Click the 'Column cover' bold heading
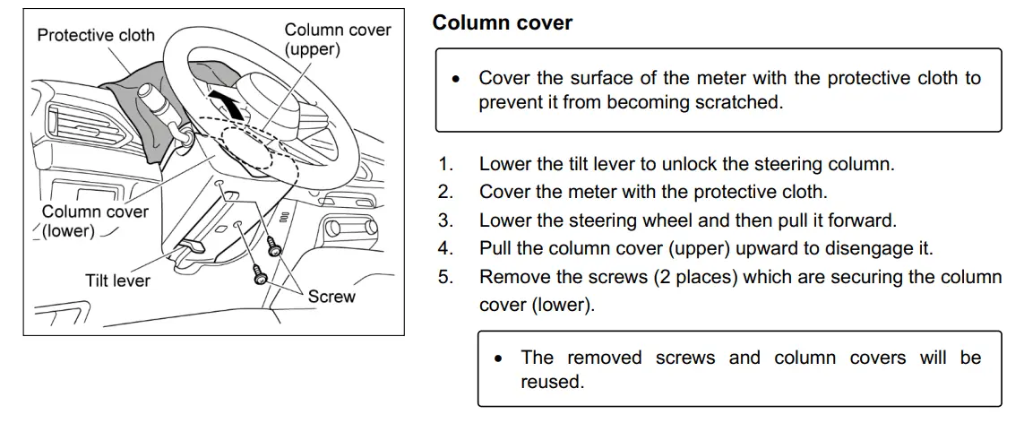pyautogui.click(x=502, y=23)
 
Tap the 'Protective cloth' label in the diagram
pyautogui.click(x=96, y=36)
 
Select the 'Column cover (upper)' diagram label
pyautogui.click(x=337, y=39)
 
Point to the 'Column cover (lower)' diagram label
pyautogui.click(x=94, y=220)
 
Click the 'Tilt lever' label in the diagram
pyautogui.click(x=117, y=281)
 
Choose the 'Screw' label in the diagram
pyautogui.click(x=331, y=297)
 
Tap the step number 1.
pyautogui.click(x=445, y=164)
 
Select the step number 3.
pyautogui.click(x=445, y=220)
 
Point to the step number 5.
pyautogui.click(x=445, y=277)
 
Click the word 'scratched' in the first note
pyautogui.click(x=737, y=102)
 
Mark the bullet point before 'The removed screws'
pyautogui.click(x=498, y=358)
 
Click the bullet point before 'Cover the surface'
pyautogui.click(x=456, y=79)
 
